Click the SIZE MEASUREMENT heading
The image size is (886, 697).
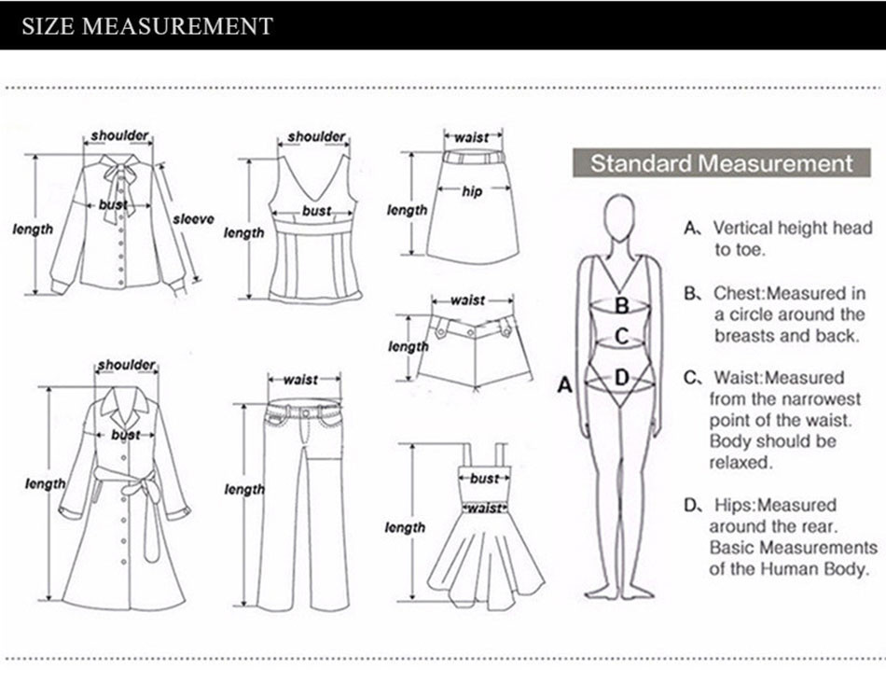click(x=147, y=25)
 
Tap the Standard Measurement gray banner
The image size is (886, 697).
click(x=721, y=163)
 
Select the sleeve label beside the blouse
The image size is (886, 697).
click(x=193, y=219)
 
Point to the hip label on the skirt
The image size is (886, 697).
click(x=473, y=191)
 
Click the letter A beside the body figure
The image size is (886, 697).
click(x=563, y=383)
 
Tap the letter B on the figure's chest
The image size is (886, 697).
click(x=621, y=303)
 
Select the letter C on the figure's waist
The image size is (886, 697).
click(x=621, y=336)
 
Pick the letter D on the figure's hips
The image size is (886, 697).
click(x=621, y=377)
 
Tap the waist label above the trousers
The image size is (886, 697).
click(x=300, y=380)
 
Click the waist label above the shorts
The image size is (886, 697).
click(x=467, y=300)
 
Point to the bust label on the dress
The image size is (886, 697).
click(x=484, y=479)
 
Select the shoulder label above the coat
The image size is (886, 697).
click(x=126, y=364)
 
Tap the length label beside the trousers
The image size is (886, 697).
click(x=244, y=490)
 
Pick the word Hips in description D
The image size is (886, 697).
click(x=735, y=505)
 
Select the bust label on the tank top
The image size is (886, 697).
click(x=316, y=212)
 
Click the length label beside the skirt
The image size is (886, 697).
click(x=408, y=211)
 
